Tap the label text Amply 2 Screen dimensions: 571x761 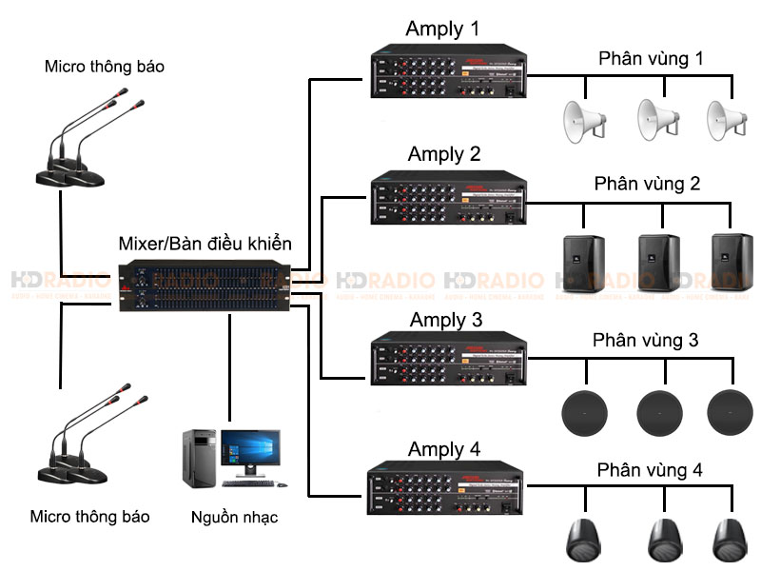click(x=444, y=153)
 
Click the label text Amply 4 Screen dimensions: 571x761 click(x=444, y=448)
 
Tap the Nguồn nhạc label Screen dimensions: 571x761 click(x=234, y=519)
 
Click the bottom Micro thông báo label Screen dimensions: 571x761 click(x=89, y=517)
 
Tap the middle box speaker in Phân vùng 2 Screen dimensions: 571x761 click(x=657, y=261)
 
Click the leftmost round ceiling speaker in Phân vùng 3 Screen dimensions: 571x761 click(x=582, y=410)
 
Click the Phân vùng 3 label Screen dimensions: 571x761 click(x=647, y=339)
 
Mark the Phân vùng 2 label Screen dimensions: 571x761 click(x=647, y=183)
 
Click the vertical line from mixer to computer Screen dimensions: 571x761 click(x=230, y=366)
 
